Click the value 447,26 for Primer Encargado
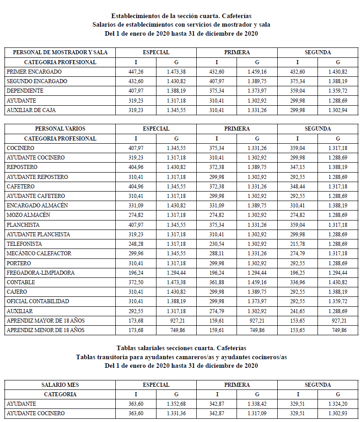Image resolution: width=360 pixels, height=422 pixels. (136, 72)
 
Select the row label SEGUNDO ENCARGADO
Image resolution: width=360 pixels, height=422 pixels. (37, 81)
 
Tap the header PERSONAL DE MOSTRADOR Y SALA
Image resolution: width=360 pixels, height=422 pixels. (60, 52)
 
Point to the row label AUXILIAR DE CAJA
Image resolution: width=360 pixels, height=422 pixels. (32, 110)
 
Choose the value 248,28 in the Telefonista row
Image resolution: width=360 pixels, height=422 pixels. (136, 244)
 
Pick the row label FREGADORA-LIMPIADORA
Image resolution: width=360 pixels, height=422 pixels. (41, 273)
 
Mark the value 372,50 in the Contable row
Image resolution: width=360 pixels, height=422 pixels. (136, 282)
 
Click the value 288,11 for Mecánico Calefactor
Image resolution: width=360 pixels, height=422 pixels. (217, 253)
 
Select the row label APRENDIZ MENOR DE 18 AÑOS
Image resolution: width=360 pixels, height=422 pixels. (46, 330)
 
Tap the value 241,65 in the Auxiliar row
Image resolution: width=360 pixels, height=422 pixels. (298, 311)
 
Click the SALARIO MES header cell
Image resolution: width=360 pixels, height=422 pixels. (60, 385)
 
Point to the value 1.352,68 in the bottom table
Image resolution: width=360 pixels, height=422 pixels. (176, 404)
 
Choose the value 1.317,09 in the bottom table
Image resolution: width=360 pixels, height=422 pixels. (257, 413)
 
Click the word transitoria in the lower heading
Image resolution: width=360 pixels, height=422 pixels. (112, 357)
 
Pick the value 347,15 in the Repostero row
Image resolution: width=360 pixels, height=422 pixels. (298, 167)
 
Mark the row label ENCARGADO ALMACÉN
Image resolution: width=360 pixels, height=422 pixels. (38, 206)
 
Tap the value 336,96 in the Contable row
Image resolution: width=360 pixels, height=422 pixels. (298, 282)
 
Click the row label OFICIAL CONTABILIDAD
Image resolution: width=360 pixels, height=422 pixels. (38, 301)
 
